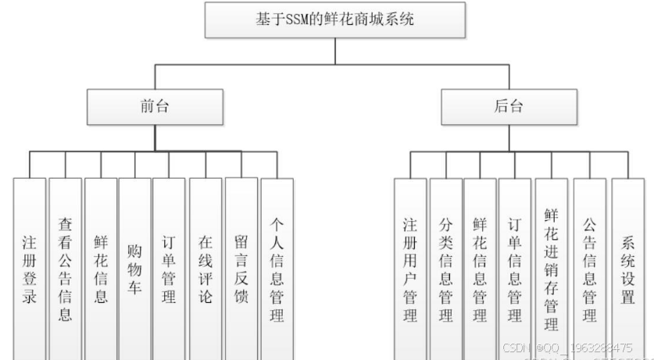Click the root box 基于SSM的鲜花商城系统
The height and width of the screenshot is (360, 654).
pos(335,20)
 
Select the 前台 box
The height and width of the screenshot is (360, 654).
pos(155,106)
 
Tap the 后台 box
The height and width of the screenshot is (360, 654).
pos(510,106)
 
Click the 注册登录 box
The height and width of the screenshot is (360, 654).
pos(29,266)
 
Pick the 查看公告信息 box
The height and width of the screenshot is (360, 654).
pos(65,266)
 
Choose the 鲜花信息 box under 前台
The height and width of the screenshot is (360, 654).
pos(101,266)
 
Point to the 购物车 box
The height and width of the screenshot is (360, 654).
pos(134,266)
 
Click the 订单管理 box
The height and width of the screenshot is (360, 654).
pos(169,266)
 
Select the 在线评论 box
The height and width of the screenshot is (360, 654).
pos(205,266)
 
